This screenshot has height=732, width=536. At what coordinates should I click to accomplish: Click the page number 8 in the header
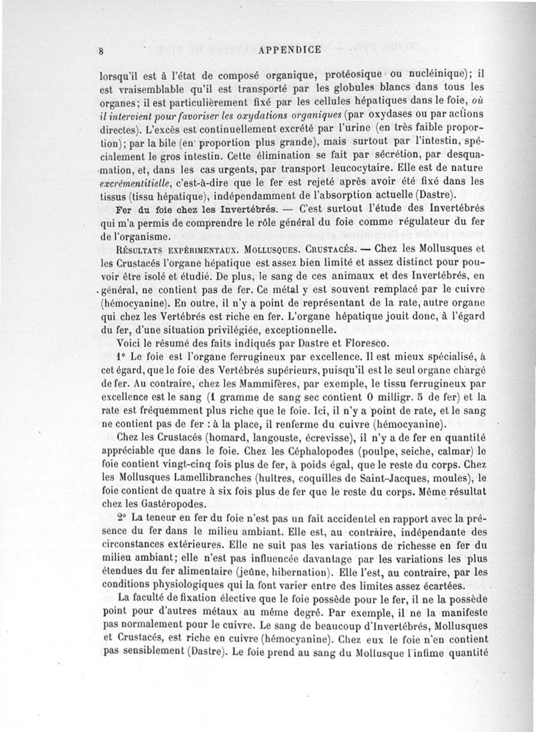click(x=99, y=50)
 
